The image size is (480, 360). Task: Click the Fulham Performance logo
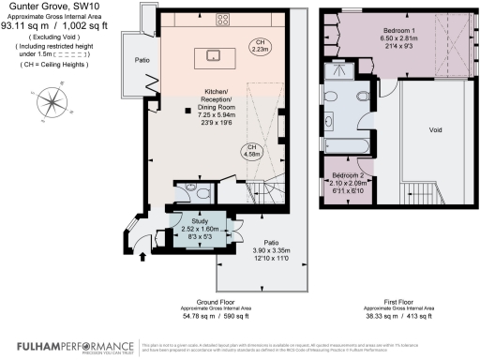55,346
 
